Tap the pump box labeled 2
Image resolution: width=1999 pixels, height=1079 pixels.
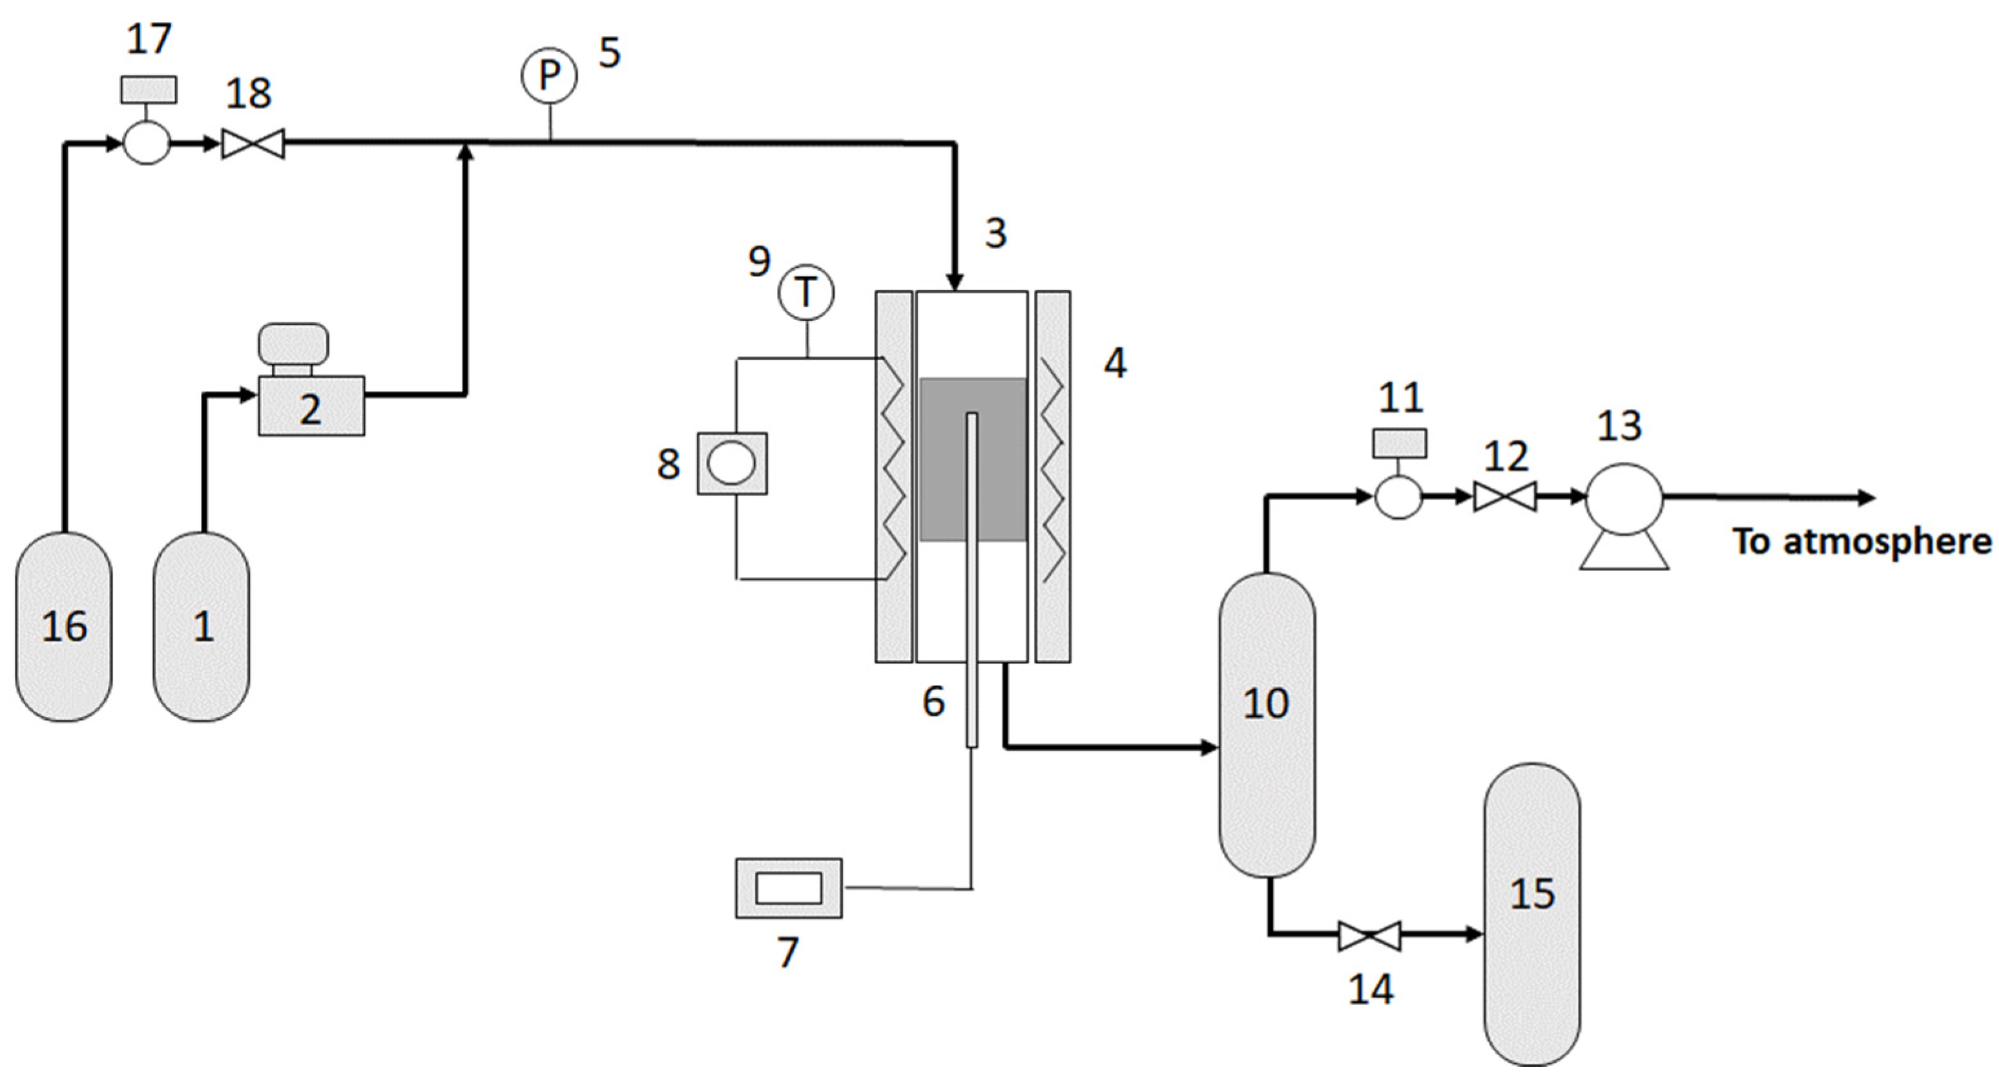coord(311,406)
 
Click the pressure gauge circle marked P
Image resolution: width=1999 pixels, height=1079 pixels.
coord(548,76)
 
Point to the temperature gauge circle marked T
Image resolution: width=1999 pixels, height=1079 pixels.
coord(806,293)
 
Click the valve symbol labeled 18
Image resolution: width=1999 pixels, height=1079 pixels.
coord(253,143)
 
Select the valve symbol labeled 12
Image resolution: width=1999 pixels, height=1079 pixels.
coord(1505,497)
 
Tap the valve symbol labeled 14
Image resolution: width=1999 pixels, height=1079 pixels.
coord(1370,936)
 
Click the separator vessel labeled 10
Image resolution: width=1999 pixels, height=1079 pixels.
coord(1267,725)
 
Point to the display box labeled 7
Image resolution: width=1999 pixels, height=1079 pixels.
coord(789,888)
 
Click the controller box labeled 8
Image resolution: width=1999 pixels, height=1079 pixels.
coord(732,463)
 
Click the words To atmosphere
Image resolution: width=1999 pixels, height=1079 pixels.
coord(1861,541)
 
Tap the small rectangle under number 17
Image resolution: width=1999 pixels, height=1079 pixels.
coord(148,89)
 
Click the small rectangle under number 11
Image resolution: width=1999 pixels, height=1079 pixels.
coord(1399,443)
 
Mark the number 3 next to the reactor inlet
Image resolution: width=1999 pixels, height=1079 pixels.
coord(995,232)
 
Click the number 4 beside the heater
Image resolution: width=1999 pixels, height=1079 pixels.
coord(1115,362)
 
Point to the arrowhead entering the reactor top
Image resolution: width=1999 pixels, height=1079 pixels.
coord(955,281)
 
